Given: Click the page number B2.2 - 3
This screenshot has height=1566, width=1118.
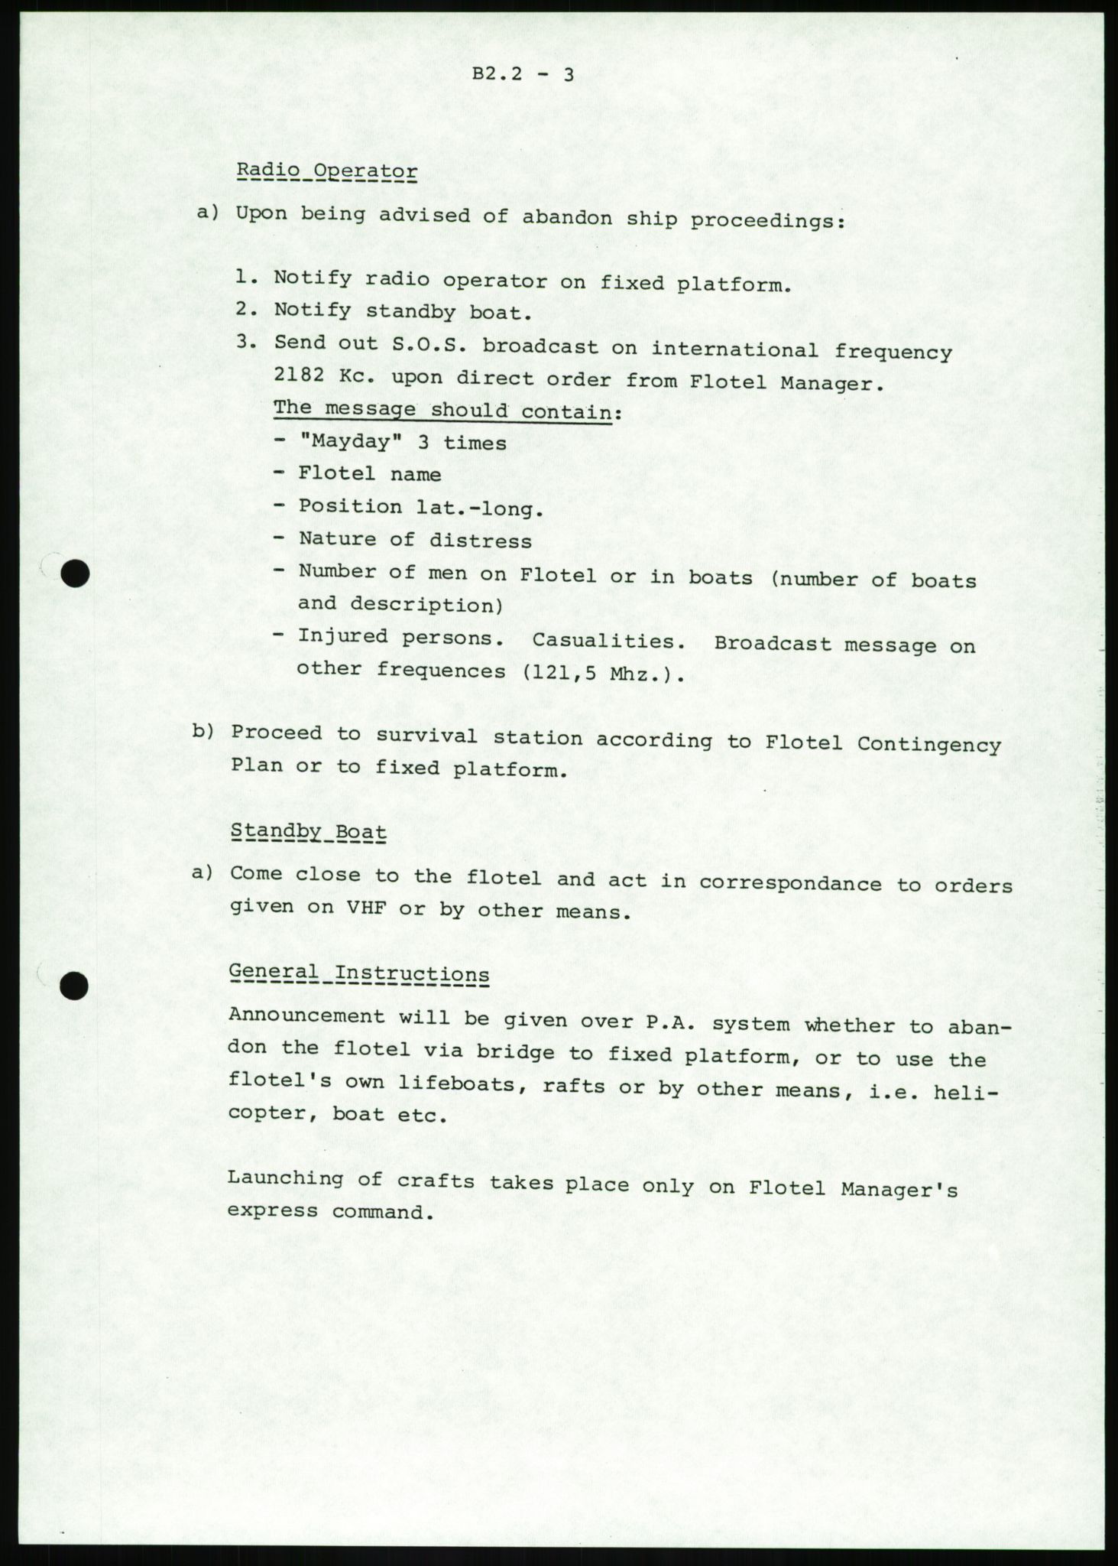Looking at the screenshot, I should pos(523,74).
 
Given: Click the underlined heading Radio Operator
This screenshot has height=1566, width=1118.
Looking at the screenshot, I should pos(327,172).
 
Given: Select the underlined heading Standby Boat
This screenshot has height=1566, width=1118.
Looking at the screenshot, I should pos(308,832).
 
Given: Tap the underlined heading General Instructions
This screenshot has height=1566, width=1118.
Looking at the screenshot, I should pos(359,974).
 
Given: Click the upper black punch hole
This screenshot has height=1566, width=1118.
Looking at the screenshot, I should pos(76,573).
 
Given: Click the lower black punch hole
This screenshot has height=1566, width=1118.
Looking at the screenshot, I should pos(74,987).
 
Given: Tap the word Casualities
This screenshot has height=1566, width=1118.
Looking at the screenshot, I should pos(608,641).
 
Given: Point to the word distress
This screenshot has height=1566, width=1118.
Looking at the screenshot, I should pos(480,541).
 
